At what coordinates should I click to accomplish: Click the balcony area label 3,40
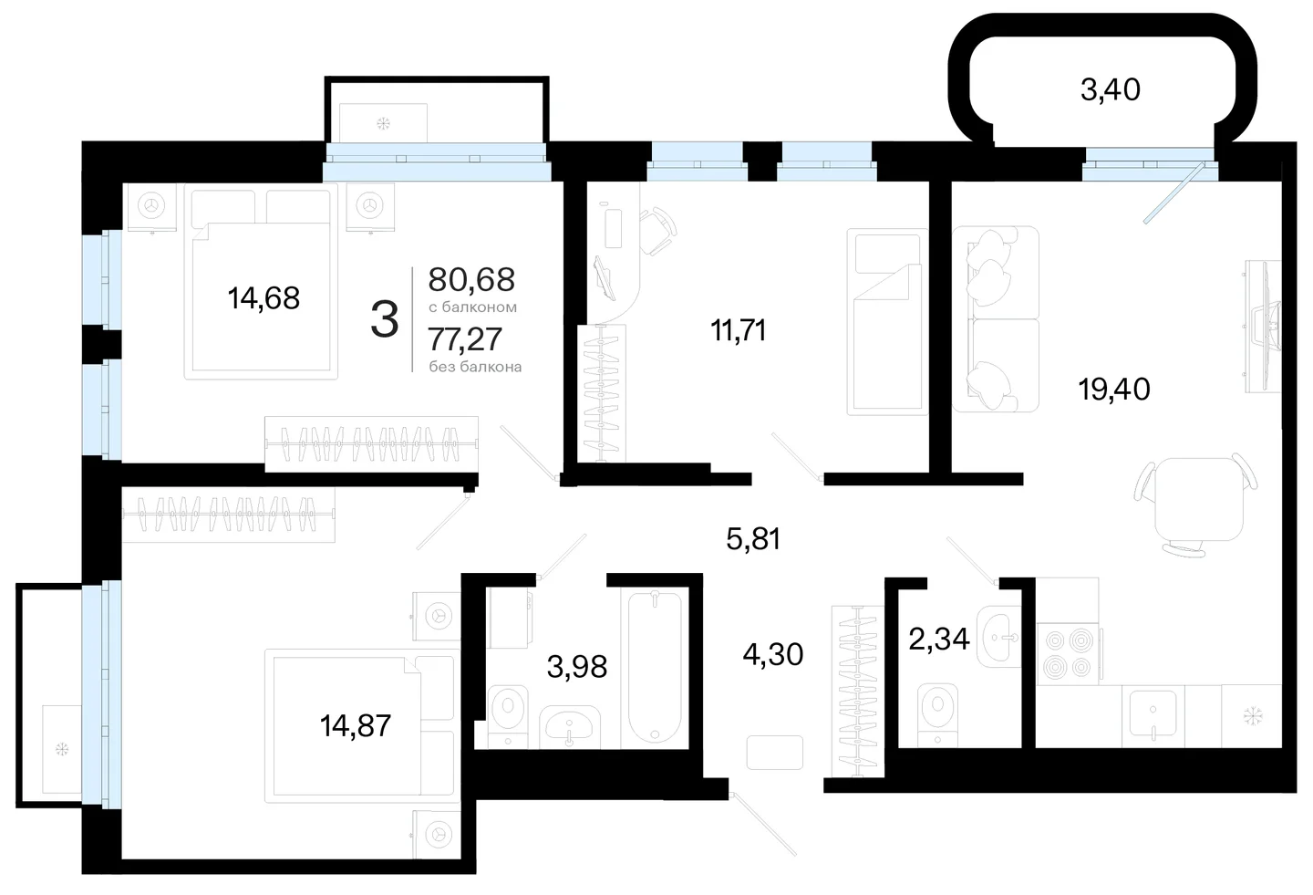pyautogui.click(x=1111, y=90)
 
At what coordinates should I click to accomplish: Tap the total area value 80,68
pyautogui.click(x=471, y=279)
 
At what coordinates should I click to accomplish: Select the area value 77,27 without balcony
pyautogui.click(x=465, y=339)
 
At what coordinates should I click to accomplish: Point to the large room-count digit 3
pyautogui.click(x=385, y=319)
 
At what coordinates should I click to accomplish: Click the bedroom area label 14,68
pyautogui.click(x=264, y=298)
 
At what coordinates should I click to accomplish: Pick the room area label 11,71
pyautogui.click(x=738, y=330)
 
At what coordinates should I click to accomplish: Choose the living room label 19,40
pyautogui.click(x=1114, y=389)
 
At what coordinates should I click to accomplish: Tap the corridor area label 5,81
pyautogui.click(x=753, y=539)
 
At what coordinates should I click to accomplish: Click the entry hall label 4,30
pyautogui.click(x=772, y=654)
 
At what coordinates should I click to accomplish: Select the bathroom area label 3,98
pyautogui.click(x=577, y=667)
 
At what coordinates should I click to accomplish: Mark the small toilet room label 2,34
pyautogui.click(x=939, y=639)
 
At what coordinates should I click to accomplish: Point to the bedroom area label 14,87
pyautogui.click(x=356, y=725)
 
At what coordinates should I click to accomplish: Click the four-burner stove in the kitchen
pyautogui.click(x=1068, y=653)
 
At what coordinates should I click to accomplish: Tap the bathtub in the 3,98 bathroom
pyautogui.click(x=655, y=668)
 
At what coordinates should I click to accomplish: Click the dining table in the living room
pyautogui.click(x=1199, y=499)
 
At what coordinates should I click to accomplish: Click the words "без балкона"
pyautogui.click(x=475, y=367)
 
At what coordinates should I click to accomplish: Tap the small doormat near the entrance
pyautogui.click(x=774, y=753)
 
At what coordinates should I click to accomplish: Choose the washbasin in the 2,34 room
pyautogui.click(x=998, y=637)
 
